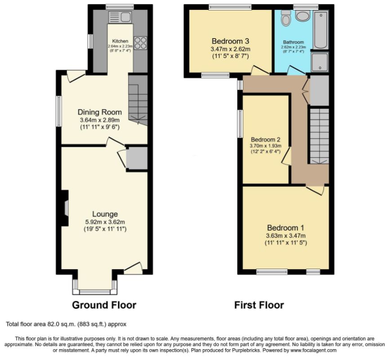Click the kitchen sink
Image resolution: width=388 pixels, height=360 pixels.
tap(120, 17)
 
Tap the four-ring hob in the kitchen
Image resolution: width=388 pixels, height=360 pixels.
tap(140, 43)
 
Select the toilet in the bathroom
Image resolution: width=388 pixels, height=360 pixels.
tap(286, 18)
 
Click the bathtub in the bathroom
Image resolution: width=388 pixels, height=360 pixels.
tap(321, 30)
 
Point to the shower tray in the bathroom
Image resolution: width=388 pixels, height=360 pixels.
tap(320, 62)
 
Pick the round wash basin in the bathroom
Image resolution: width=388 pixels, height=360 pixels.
tap(303, 16)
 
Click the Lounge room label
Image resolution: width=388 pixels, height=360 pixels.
tap(105, 214)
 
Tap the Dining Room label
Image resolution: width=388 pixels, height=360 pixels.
tap(100, 112)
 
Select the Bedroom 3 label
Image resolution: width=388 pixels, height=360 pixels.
tap(230, 41)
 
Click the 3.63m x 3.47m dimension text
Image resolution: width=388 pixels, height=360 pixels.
tap(286, 236)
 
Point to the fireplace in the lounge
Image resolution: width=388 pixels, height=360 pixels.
tap(65, 208)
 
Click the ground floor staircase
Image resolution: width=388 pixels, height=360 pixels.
tap(138, 100)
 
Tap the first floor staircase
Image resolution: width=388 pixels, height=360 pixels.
tap(320, 136)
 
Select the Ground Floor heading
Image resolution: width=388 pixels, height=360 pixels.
tap(104, 305)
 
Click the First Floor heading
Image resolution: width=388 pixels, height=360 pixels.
tap(259, 305)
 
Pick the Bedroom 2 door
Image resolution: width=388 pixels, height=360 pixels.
tap(286, 156)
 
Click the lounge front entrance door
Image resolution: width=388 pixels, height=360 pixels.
tap(133, 268)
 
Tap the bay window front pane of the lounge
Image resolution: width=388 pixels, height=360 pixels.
tap(95, 292)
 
